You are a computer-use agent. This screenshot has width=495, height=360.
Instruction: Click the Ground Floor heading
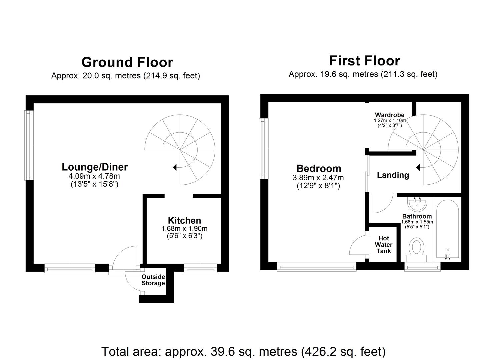[x=127, y=62]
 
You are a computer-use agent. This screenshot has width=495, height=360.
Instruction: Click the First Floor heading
[x=364, y=61]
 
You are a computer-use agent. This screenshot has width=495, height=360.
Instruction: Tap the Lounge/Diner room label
[x=95, y=167]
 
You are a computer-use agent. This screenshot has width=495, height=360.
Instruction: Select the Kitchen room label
[x=184, y=220]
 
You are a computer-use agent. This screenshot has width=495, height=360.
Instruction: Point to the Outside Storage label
[x=153, y=280]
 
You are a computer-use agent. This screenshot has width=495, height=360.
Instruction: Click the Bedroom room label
[x=319, y=168]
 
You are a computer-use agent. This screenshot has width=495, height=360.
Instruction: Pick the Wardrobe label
[x=389, y=115]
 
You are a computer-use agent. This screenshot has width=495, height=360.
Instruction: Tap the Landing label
[x=393, y=175]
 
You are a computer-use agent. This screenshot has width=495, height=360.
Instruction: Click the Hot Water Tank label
[x=383, y=245]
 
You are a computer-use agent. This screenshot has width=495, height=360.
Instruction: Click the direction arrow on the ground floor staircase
[x=174, y=167]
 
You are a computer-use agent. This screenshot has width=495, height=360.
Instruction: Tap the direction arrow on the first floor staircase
[x=418, y=167]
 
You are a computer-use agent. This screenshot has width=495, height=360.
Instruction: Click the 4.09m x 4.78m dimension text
[x=94, y=176]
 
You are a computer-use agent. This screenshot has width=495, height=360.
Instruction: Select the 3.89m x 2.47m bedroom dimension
[x=318, y=178]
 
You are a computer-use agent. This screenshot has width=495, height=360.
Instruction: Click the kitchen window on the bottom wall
[x=200, y=268]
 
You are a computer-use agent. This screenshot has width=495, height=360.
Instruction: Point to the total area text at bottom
[x=243, y=351]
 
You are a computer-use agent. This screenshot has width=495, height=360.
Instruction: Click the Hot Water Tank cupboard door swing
[x=358, y=245]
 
